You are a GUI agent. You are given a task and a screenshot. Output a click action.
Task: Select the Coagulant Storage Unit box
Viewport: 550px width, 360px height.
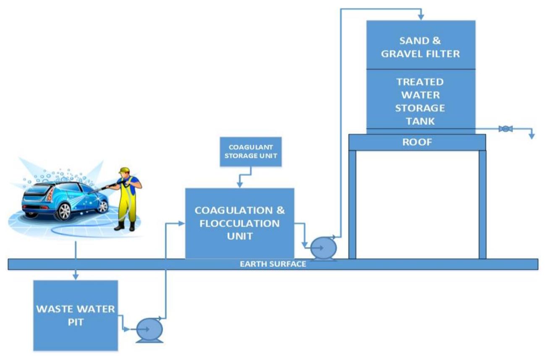tap(251, 151)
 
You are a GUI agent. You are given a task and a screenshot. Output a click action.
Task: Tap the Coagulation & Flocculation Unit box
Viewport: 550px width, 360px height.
tap(240, 223)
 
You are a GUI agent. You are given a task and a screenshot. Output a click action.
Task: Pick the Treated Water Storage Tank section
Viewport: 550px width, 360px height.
tap(421, 101)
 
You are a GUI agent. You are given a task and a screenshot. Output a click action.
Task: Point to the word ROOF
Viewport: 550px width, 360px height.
tap(417, 142)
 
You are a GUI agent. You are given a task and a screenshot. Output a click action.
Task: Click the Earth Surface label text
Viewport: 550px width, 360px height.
tap(273, 264)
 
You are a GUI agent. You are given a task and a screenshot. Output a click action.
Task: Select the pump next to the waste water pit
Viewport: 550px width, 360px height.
tap(150, 330)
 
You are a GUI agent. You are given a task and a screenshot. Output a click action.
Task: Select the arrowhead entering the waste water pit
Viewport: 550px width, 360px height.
tap(76, 276)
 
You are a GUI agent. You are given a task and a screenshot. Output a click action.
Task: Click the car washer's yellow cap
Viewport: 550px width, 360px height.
tap(123, 170)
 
